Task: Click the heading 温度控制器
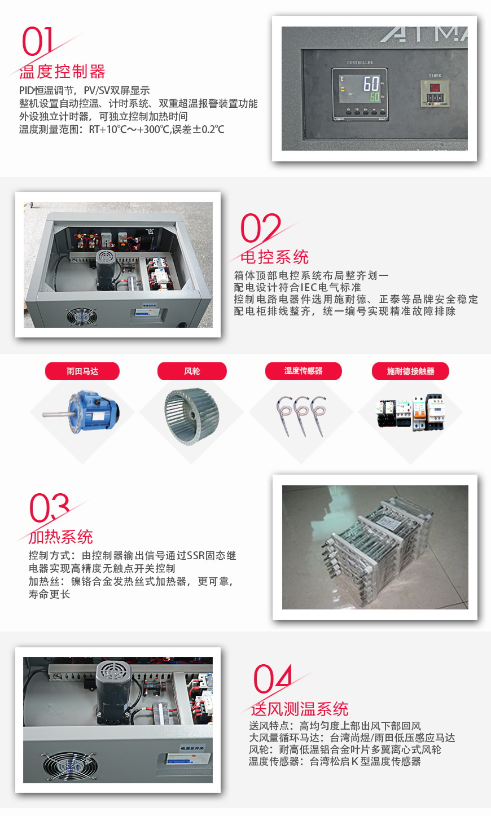63,72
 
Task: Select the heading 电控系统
274,257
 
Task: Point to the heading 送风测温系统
299,709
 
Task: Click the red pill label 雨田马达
82,371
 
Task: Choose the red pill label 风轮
192,371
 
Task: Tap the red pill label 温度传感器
303,371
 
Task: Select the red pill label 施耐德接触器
410,371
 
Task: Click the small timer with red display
435,93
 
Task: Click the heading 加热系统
61,537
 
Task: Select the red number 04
273,679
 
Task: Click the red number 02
260,228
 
